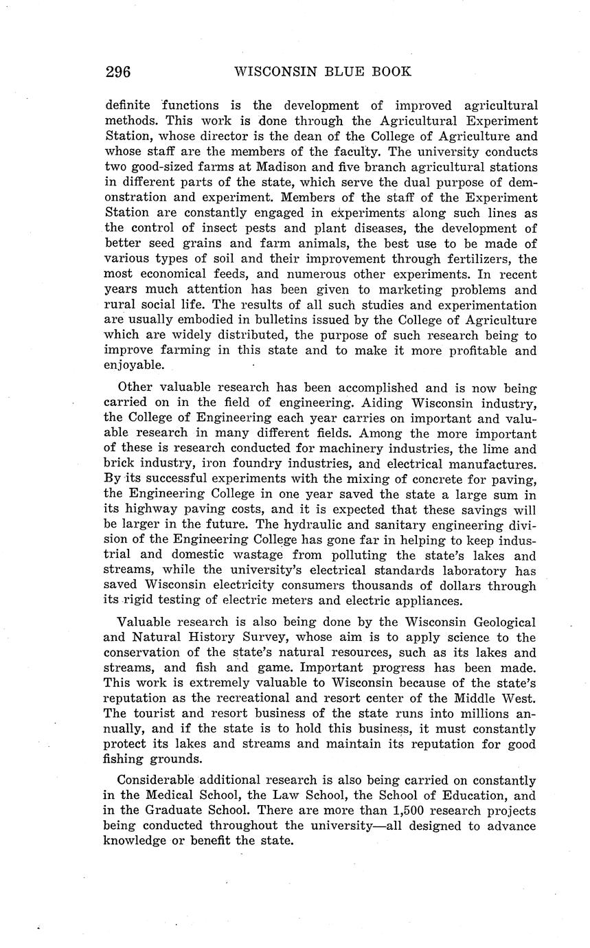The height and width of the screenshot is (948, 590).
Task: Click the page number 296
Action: point(118,71)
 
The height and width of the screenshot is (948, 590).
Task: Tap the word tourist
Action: point(152,714)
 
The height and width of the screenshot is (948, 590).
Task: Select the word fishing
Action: point(126,760)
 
